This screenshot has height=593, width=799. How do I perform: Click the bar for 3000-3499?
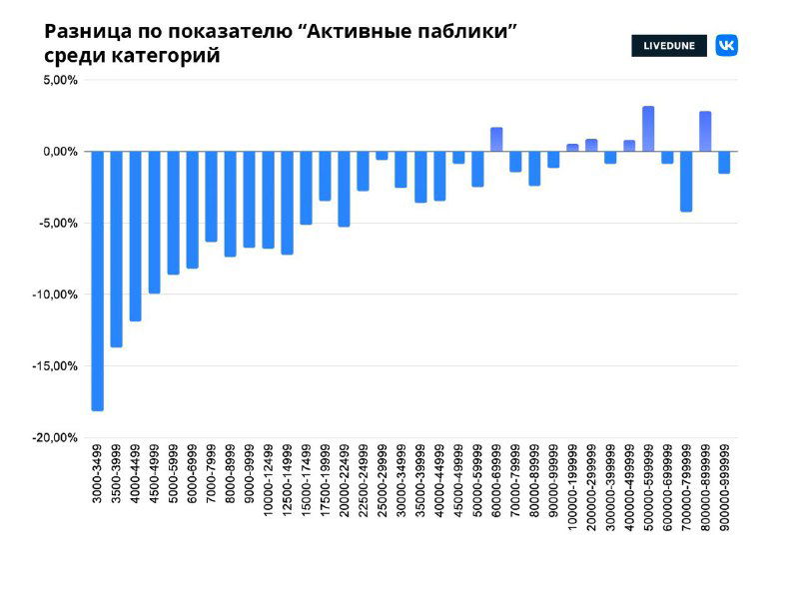(x=98, y=281)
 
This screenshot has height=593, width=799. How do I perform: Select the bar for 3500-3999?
(x=117, y=249)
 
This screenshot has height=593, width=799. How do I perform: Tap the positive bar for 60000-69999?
(x=496, y=140)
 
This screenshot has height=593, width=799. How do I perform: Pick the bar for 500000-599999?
(x=648, y=129)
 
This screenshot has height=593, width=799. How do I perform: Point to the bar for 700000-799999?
(x=686, y=181)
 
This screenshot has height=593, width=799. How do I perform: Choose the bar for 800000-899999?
(x=705, y=132)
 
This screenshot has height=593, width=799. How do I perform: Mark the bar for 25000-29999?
(x=382, y=156)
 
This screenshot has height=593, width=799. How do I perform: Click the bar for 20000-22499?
(x=344, y=189)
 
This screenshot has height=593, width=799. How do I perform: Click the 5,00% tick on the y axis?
(x=60, y=80)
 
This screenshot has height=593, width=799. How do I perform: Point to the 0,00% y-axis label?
(x=60, y=152)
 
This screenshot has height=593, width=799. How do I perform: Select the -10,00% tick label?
(x=57, y=295)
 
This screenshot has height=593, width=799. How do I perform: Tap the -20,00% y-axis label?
(x=57, y=438)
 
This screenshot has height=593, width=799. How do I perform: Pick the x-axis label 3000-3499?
(x=98, y=475)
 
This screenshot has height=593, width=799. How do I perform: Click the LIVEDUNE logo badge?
(x=668, y=46)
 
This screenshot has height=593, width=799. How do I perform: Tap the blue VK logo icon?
(x=726, y=46)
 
